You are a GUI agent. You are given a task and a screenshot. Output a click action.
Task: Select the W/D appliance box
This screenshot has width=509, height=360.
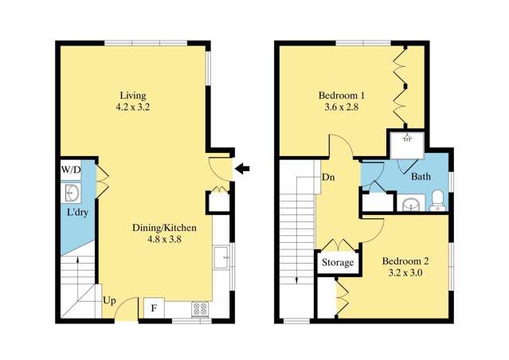point(71,171)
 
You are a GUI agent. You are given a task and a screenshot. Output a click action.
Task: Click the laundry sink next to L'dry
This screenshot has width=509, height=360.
point(72,193)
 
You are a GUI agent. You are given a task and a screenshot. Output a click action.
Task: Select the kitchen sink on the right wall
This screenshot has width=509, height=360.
point(221,260)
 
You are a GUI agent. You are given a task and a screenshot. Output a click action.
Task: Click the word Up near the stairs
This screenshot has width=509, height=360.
point(110,302)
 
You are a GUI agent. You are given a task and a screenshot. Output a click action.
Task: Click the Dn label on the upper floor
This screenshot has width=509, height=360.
point(327,177)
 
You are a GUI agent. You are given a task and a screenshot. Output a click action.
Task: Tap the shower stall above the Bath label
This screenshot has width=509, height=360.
point(407,143)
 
